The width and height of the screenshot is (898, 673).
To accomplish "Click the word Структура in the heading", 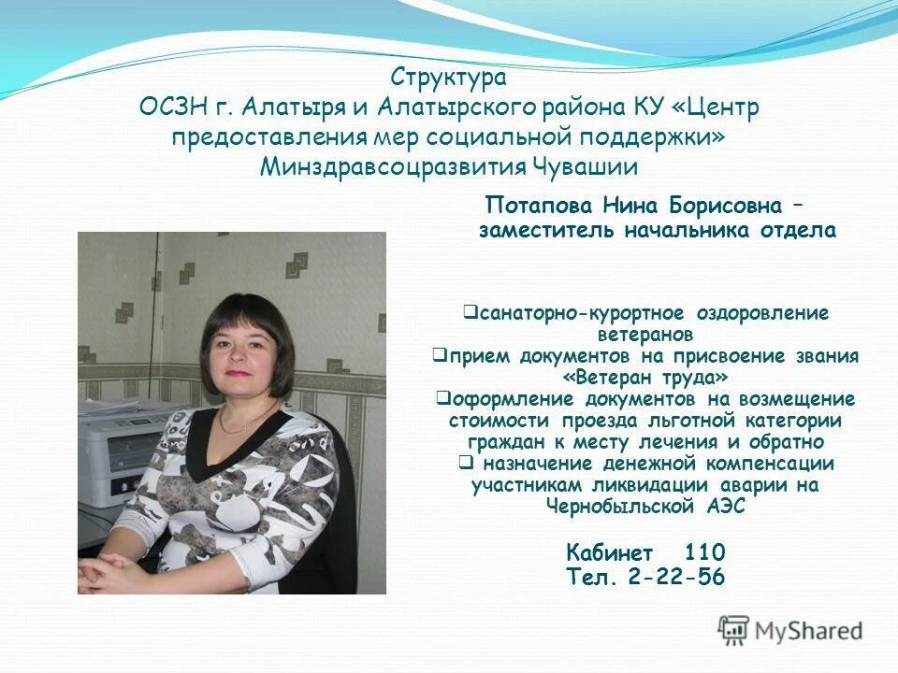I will click(x=448, y=76).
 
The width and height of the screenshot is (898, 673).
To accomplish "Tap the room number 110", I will click(x=705, y=551).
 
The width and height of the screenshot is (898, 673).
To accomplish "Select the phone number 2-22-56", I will click(x=677, y=577).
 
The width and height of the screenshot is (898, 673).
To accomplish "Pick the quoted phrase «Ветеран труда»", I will click(x=645, y=377).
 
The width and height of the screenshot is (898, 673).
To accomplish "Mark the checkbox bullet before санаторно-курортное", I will click(x=471, y=311).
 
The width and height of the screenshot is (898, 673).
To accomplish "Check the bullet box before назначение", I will click(x=465, y=462).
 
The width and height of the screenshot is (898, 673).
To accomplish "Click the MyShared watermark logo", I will click(x=790, y=630).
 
